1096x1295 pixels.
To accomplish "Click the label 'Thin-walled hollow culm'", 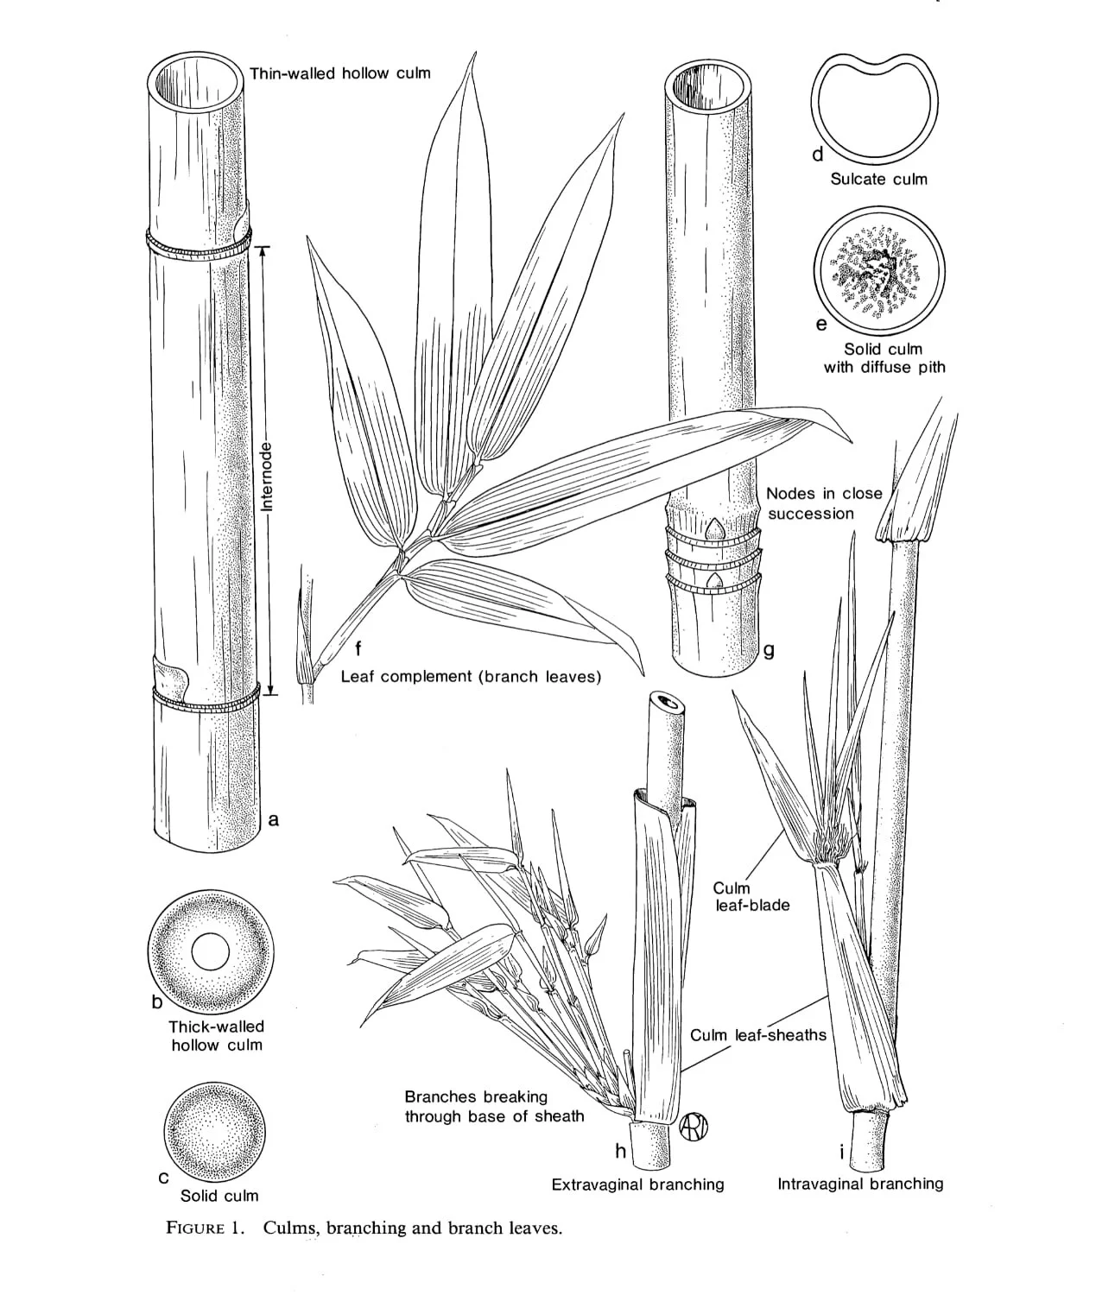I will pos(339,73).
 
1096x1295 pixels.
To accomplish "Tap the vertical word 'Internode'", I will pos(267,476).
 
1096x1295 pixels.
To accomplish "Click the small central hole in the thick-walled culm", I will pos(211,952).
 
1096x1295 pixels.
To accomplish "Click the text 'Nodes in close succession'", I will pos(824,503).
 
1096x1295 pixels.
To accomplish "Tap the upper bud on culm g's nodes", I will pos(715,527).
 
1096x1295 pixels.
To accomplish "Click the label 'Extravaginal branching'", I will pos(637,1184).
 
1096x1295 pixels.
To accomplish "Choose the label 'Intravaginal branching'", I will pos(860,1184).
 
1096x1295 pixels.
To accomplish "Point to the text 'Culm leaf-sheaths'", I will pos(757,1035).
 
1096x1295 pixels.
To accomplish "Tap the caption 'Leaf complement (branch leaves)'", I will pos(471,677).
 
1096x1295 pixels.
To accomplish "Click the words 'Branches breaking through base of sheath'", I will pos(494,1106).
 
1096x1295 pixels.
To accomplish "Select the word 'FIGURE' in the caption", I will pos(196,1229).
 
